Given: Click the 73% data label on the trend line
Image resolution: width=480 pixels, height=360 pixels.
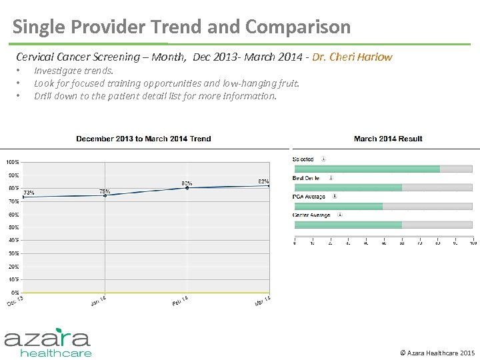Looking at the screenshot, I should click(29, 193).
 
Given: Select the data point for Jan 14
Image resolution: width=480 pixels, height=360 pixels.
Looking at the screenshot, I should click(105, 195).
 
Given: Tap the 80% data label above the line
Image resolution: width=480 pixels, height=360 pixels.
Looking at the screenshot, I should click(187, 183).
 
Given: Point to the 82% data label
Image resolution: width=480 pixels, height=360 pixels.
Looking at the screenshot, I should click(263, 181).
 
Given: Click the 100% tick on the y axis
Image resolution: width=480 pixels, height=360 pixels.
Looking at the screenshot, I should click(12, 162).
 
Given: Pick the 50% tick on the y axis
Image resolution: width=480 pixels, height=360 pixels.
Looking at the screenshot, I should click(13, 227).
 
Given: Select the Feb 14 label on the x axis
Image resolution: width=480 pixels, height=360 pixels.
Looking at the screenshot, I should click(180, 301).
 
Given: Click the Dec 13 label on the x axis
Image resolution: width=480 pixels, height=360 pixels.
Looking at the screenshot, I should click(15, 301).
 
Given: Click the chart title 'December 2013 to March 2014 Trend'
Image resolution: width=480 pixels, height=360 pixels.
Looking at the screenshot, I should click(143, 139).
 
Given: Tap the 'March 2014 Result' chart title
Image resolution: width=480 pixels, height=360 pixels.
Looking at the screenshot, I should click(388, 139).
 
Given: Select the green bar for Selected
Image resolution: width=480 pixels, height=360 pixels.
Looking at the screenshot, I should click(367, 169).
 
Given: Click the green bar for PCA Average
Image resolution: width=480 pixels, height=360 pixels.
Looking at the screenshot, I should click(338, 206).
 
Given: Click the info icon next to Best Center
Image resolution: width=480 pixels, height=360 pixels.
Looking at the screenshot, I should click(331, 178).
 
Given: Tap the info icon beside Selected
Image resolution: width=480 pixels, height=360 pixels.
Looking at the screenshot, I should click(323, 159).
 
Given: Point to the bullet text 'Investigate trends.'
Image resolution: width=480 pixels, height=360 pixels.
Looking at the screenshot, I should click(73, 71).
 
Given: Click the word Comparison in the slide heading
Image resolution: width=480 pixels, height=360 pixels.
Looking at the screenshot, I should click(297, 27).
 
